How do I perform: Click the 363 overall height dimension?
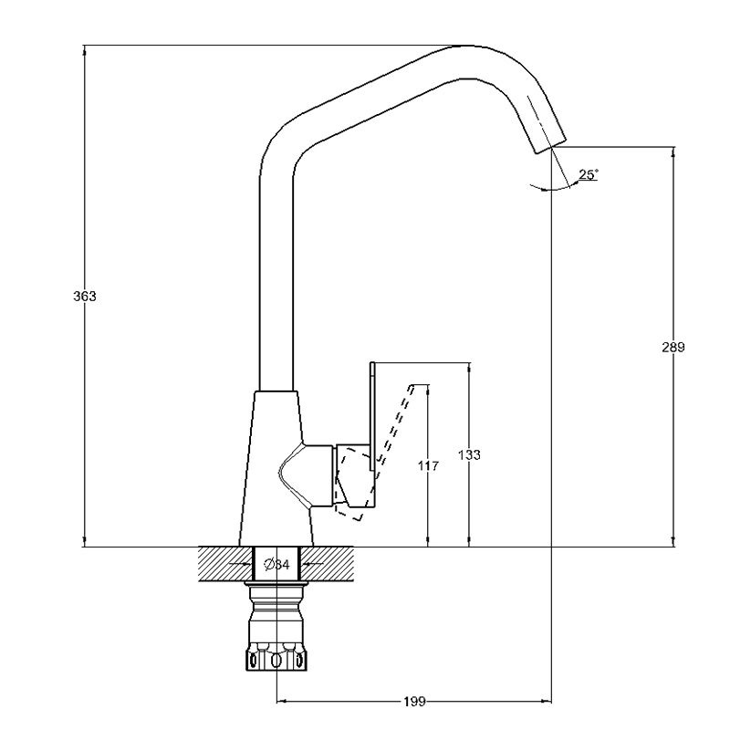click(x=84, y=297)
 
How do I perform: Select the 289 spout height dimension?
click(x=673, y=348)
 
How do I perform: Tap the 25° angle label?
click(x=589, y=173)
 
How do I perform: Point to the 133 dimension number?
click(x=469, y=454)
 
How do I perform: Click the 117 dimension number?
click(x=428, y=466)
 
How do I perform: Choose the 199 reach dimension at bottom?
click(x=413, y=702)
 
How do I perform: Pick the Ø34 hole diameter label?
click(x=276, y=565)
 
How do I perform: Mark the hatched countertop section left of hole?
click(x=224, y=565)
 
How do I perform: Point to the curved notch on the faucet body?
click(x=290, y=474)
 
